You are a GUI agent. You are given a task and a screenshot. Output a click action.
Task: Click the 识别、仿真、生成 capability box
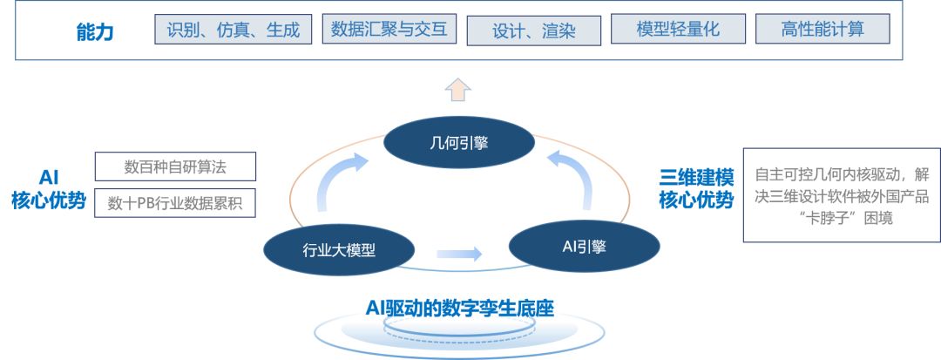pos(233,31)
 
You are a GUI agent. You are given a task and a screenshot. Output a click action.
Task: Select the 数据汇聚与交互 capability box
pos(389,30)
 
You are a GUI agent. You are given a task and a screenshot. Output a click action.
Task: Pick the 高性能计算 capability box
pos(822,31)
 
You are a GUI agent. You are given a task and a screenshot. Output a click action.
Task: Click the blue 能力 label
pos(95,33)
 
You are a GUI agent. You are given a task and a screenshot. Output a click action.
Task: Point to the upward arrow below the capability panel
pos(458,89)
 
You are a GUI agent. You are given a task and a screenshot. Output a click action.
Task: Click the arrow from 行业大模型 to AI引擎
pos(458,254)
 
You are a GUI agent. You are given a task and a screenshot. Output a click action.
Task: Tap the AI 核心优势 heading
pos(49,189)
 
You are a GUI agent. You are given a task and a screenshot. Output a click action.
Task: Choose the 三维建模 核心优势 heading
pos(695,188)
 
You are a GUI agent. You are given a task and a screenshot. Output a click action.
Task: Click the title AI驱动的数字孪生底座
pos(460,307)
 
